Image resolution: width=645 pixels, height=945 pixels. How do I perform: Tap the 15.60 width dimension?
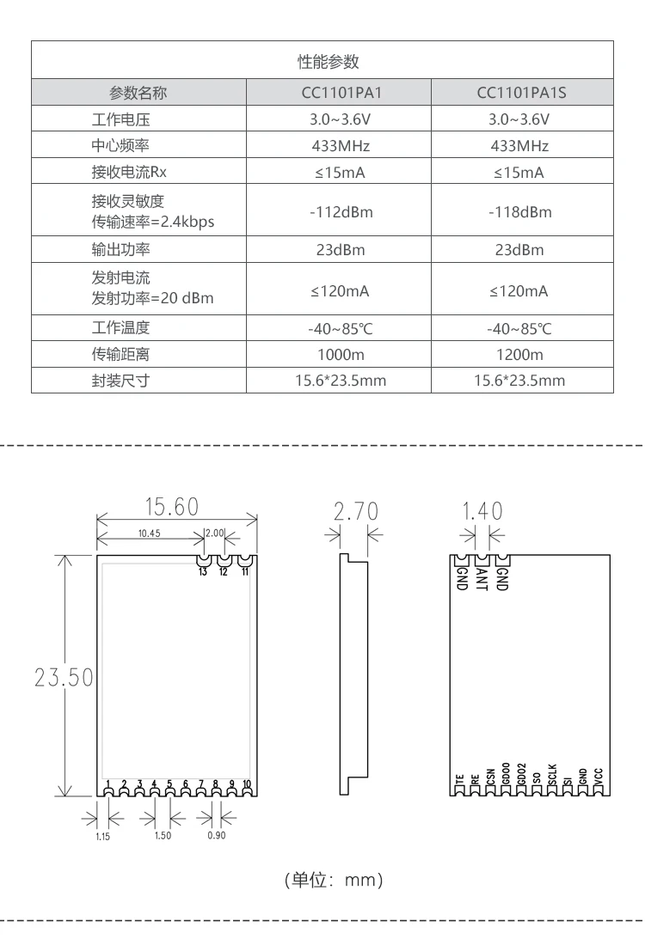171,506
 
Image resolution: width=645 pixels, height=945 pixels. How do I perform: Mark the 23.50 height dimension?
64,677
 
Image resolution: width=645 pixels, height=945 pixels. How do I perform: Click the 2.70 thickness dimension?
355,511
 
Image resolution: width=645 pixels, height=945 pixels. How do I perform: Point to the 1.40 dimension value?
482,511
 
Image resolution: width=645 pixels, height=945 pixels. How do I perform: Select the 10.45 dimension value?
149,533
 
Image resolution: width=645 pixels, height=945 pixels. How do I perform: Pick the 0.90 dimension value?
217,835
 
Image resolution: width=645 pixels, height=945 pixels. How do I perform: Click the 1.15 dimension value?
103,836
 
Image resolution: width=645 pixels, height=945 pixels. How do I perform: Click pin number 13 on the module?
203,571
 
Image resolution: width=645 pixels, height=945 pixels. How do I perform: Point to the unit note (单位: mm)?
333,880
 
